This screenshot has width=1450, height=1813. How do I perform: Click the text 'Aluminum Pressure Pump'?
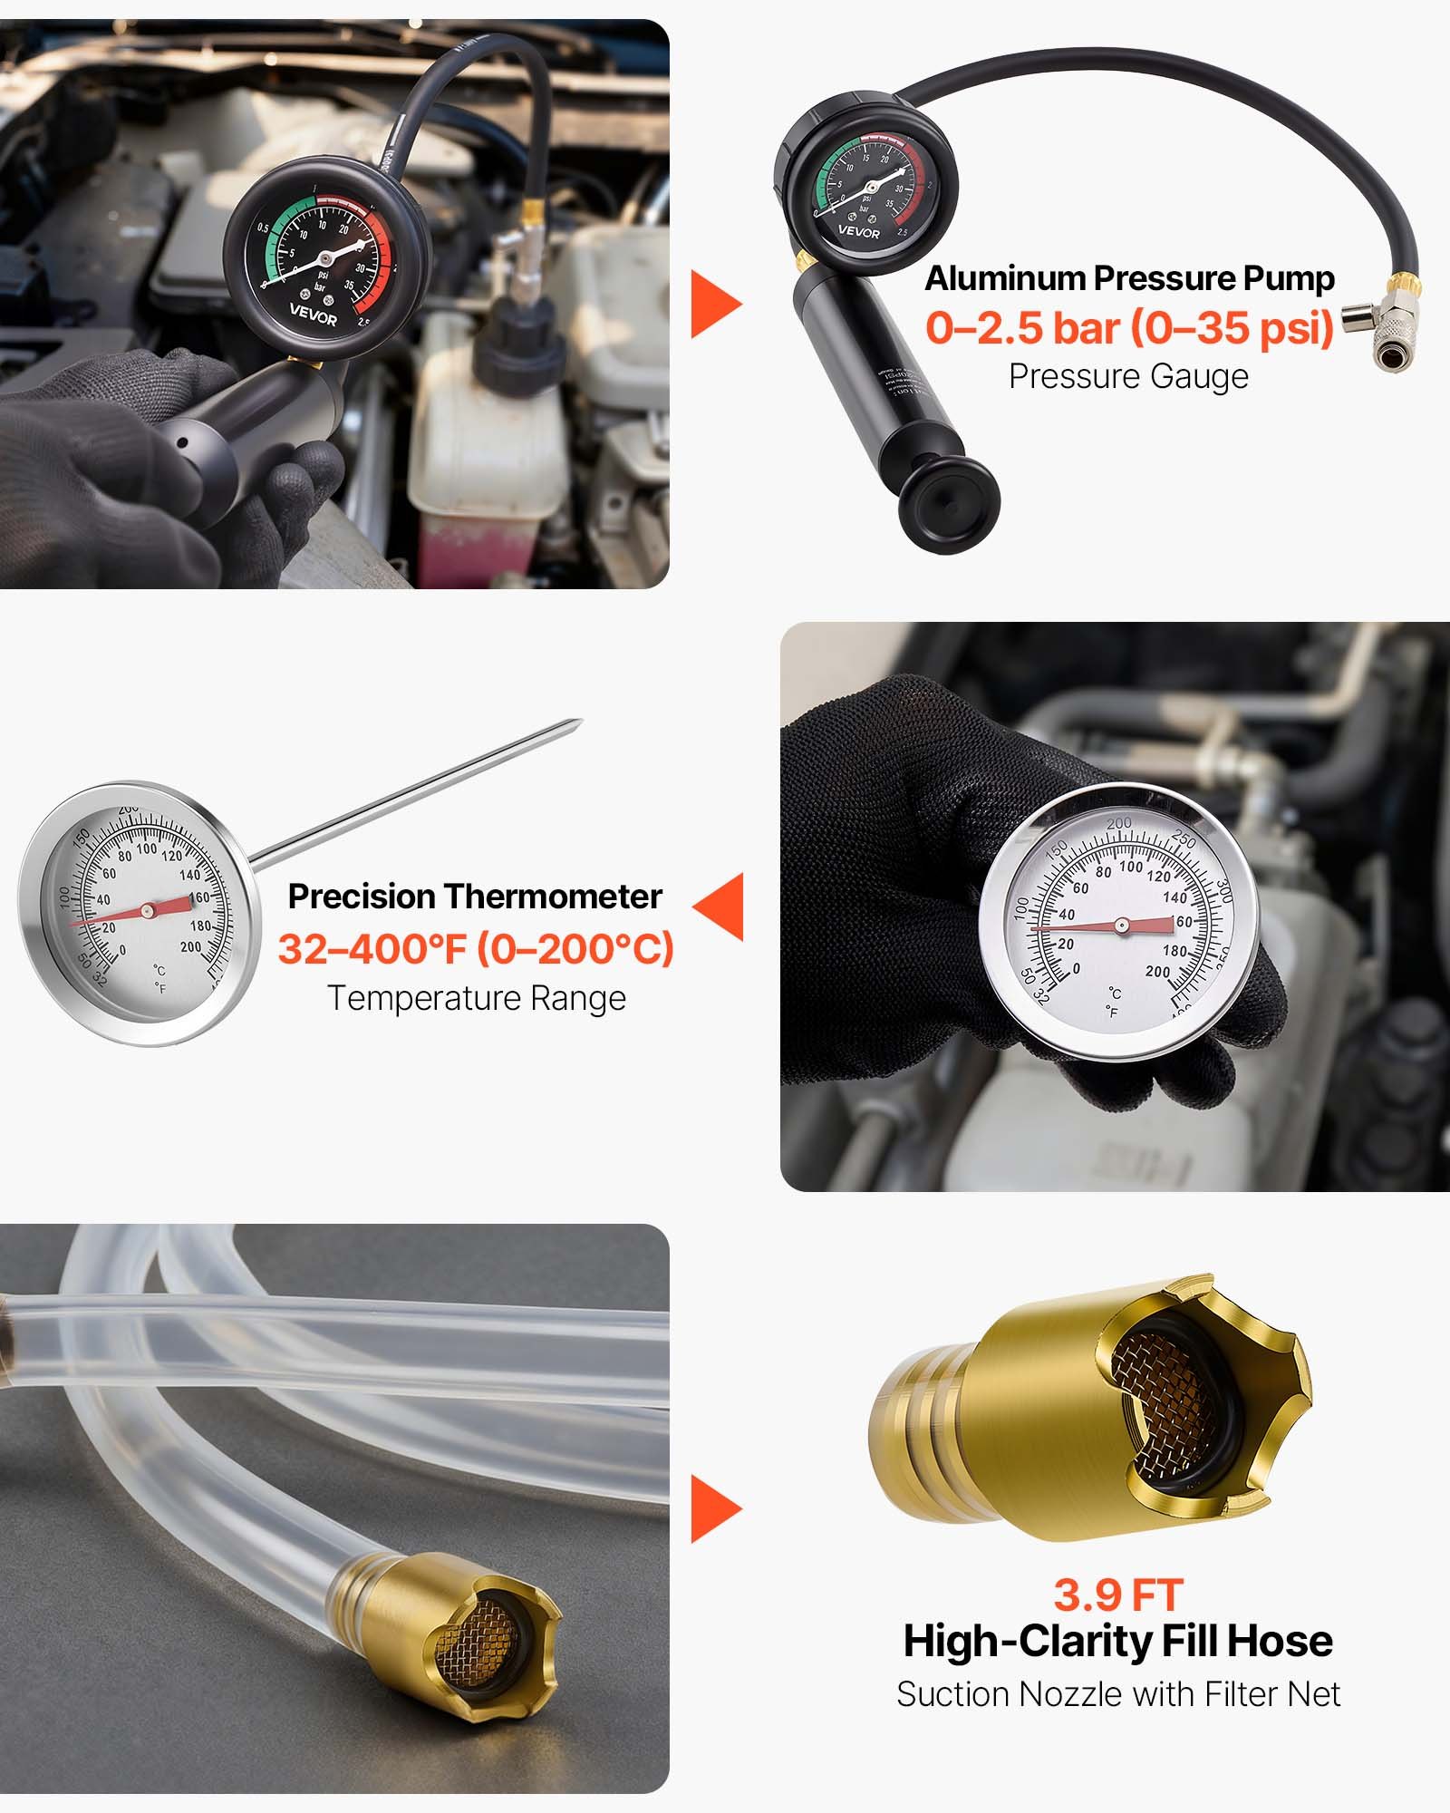1129,278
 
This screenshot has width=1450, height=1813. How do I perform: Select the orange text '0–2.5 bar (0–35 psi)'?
1129,327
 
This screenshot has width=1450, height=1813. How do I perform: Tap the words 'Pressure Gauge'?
1128,376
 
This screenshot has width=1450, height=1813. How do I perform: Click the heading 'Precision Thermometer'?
475,897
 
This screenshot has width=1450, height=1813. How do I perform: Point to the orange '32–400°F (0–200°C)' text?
476,949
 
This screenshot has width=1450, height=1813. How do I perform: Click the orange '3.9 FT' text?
1117,1595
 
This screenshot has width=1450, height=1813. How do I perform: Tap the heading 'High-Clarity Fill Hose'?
1117,1641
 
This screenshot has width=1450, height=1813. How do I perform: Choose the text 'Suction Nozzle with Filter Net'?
1117,1693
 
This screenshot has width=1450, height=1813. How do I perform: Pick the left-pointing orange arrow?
720,906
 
